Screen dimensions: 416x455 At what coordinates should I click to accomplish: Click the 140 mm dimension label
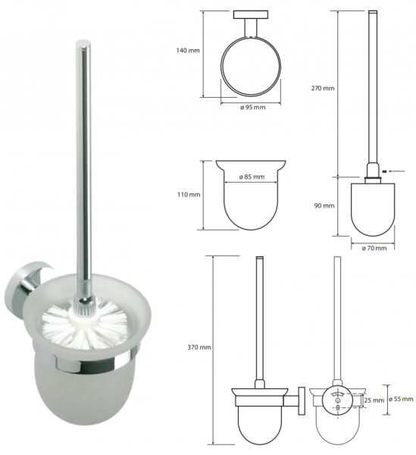tap(188, 51)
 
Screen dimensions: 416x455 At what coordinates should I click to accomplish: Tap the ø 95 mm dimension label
tap(253, 108)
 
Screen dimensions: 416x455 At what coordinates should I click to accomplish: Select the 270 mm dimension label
tap(323, 88)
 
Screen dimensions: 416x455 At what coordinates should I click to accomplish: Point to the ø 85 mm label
tap(252, 177)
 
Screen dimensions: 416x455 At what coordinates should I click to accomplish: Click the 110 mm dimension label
tap(189, 194)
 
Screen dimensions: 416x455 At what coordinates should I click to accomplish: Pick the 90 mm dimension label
tap(324, 206)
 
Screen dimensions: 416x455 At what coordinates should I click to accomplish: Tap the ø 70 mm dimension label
tap(374, 248)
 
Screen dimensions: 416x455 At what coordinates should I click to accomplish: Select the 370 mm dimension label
tap(199, 347)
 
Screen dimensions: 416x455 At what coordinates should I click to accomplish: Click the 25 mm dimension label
tap(374, 400)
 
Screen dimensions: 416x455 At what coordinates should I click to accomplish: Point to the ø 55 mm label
tap(401, 399)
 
